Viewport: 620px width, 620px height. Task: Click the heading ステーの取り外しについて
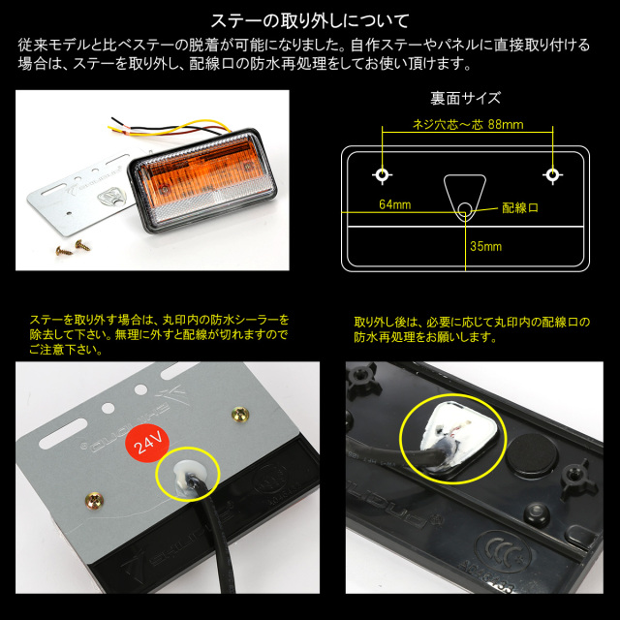tap(310, 18)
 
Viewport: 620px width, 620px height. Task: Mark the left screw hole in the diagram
tap(383, 175)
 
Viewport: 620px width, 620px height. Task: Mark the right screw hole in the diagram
tap(552, 175)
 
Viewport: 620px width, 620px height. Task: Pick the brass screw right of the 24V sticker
tap(237, 415)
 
